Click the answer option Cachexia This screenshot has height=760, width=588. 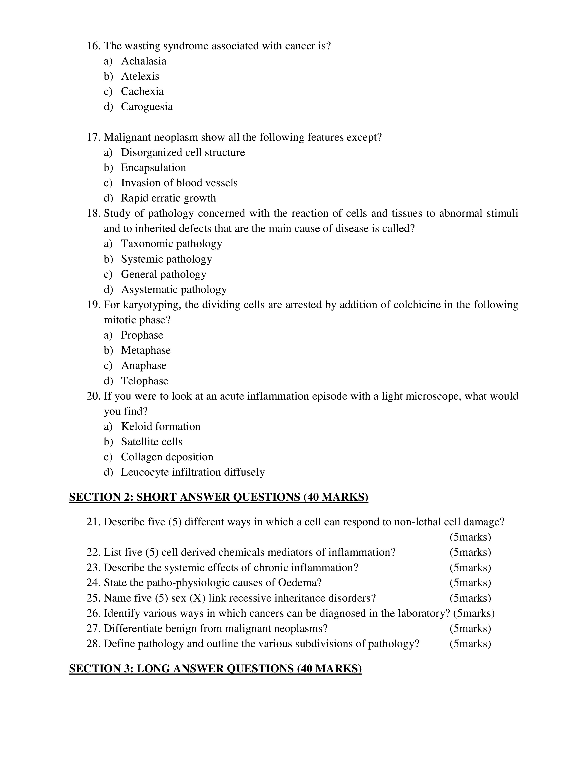pyautogui.click(x=142, y=91)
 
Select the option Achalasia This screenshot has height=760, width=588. pyautogui.click(x=143, y=61)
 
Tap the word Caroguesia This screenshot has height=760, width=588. pyautogui.click(x=147, y=106)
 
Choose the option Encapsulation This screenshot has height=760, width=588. pyautogui.click(x=153, y=168)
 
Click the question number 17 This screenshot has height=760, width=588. pyautogui.click(x=93, y=137)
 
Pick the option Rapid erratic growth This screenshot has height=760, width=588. pyautogui.click(x=168, y=198)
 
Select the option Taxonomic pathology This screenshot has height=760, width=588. pyautogui.click(x=171, y=244)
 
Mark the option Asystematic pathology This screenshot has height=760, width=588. pyautogui.click(x=174, y=289)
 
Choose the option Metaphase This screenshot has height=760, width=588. pyautogui.click(x=146, y=351)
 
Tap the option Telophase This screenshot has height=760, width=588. pyautogui.click(x=145, y=381)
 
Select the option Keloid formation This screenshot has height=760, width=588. pyautogui.click(x=160, y=427)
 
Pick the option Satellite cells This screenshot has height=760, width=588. pyautogui.click(x=151, y=442)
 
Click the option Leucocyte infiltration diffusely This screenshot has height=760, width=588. pyautogui.click(x=193, y=472)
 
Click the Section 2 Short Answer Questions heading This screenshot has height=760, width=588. pyautogui.click(x=218, y=497)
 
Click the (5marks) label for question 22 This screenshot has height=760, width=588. pyautogui.click(x=470, y=552)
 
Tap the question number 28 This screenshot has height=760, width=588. pyautogui.click(x=93, y=644)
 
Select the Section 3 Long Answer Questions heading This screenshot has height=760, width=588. pyautogui.click(x=215, y=669)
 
